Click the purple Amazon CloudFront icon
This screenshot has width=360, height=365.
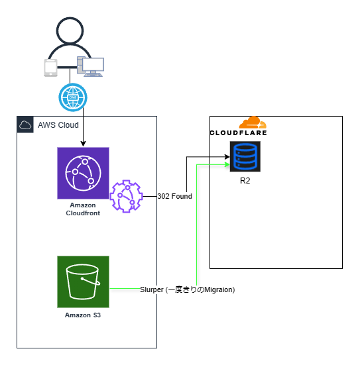pos(83,173)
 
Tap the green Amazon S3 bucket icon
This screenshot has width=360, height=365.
pos(83,282)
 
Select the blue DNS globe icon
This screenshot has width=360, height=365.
pos(73,97)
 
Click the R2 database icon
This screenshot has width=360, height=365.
pos(245,156)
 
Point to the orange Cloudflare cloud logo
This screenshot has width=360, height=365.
pos(253,123)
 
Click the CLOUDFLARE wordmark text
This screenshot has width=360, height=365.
pos(239,133)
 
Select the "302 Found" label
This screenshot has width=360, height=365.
pos(175,196)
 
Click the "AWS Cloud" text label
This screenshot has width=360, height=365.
pos(58,125)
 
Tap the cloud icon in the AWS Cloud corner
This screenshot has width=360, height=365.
pos(25,125)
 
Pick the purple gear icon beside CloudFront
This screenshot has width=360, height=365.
pos(126,196)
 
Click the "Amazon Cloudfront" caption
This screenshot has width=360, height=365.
pos(83,209)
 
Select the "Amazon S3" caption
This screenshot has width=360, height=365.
pos(83,315)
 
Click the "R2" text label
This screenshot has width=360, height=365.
pos(245,181)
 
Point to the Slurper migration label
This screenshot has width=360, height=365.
pos(188,289)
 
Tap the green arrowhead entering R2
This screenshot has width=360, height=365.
pos(227,164)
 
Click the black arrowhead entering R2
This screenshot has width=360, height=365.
pos(227,156)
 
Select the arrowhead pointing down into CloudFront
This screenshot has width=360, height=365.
pos(83,144)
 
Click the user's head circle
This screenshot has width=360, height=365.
pos(70,30)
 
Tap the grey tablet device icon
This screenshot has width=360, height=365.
pos(51,68)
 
